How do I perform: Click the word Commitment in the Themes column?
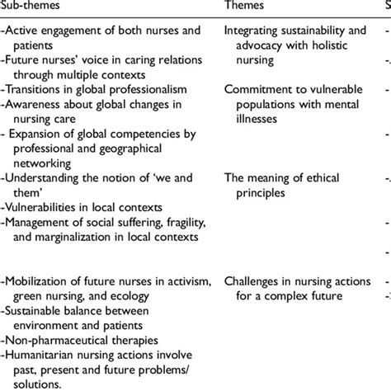[260, 90]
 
